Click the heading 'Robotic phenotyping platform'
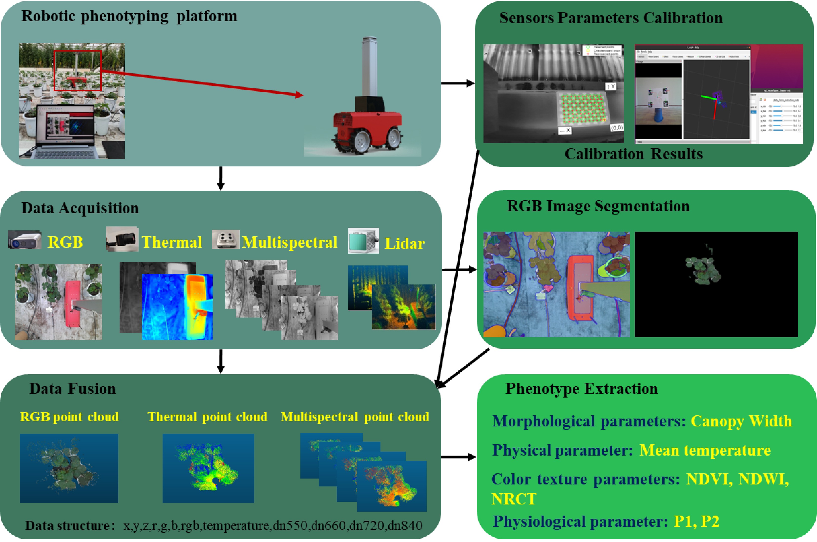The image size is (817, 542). [129, 16]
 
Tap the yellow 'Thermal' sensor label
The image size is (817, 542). [172, 242]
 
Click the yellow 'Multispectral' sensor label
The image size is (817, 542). [289, 242]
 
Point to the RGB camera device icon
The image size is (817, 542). [24, 240]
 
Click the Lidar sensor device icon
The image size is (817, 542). [363, 240]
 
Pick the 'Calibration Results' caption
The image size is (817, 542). [633, 154]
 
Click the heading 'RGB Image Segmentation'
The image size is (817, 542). [598, 206]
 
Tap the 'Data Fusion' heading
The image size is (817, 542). [72, 389]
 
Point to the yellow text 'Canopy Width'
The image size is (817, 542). [741, 421]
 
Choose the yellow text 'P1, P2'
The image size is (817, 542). [696, 522]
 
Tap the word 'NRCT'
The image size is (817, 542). [514, 499]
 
